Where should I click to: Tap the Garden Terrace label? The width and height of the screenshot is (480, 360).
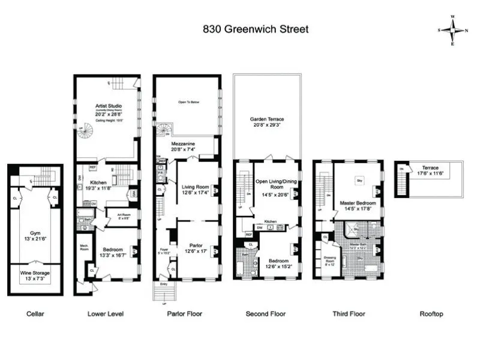point(266,122)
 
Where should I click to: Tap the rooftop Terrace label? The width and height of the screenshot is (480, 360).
point(430,170)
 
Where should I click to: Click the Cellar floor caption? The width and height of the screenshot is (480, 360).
point(35,314)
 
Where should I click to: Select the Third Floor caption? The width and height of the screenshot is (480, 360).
point(349,314)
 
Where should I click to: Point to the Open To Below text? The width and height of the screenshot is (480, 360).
point(188,103)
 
